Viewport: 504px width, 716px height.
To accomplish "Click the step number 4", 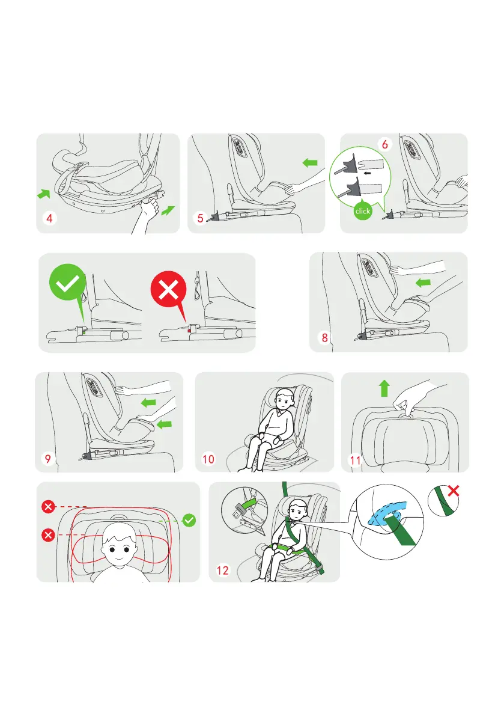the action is click(49, 218).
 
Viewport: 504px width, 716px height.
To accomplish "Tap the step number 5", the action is click(200, 218).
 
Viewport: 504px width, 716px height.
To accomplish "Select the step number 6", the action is click(385, 144).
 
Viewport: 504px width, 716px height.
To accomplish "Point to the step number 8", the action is click(325, 337).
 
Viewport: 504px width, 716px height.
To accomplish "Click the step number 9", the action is click(48, 458).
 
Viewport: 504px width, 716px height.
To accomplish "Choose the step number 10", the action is click(208, 459).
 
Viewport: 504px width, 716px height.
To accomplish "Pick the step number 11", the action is click(355, 460).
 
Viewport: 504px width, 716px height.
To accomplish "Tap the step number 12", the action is click(223, 570).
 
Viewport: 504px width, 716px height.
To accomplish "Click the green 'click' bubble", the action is click(363, 210).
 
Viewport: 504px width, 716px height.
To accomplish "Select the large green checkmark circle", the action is click(67, 283).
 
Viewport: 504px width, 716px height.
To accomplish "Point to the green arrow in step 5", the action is click(310, 162).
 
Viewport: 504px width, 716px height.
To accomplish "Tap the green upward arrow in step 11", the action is click(384, 388).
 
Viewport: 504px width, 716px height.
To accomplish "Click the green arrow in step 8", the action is click(424, 283).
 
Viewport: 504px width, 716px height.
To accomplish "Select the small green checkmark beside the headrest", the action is click(189, 520).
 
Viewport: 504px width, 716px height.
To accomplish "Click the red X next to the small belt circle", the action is click(454, 491).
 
